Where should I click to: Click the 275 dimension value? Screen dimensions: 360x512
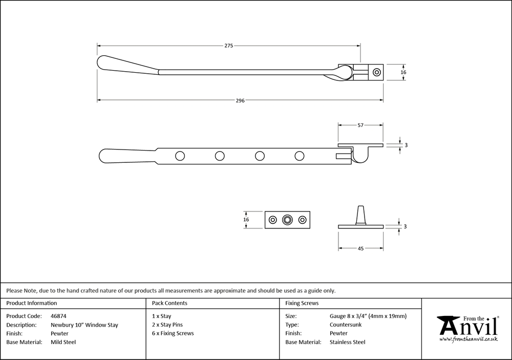[228, 46]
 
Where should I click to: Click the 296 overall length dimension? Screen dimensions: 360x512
[240, 100]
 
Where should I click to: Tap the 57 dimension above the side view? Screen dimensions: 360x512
[360, 125]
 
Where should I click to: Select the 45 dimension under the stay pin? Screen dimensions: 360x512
[360, 248]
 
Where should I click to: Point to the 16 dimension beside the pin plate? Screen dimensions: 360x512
[246, 220]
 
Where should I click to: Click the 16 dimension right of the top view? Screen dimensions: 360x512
[403, 73]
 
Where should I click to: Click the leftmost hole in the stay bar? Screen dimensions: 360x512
[179, 155]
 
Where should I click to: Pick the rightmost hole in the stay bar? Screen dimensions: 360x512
[299, 155]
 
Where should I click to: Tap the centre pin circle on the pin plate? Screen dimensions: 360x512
[287, 220]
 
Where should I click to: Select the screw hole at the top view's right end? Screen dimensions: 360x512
[376, 73]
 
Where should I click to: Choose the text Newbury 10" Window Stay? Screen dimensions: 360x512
[84, 325]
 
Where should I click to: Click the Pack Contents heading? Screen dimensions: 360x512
[169, 303]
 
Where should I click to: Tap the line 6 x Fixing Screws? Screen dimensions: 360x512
[173, 333]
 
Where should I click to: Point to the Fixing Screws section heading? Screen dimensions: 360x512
[302, 303]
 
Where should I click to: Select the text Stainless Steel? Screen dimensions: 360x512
[348, 342]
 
